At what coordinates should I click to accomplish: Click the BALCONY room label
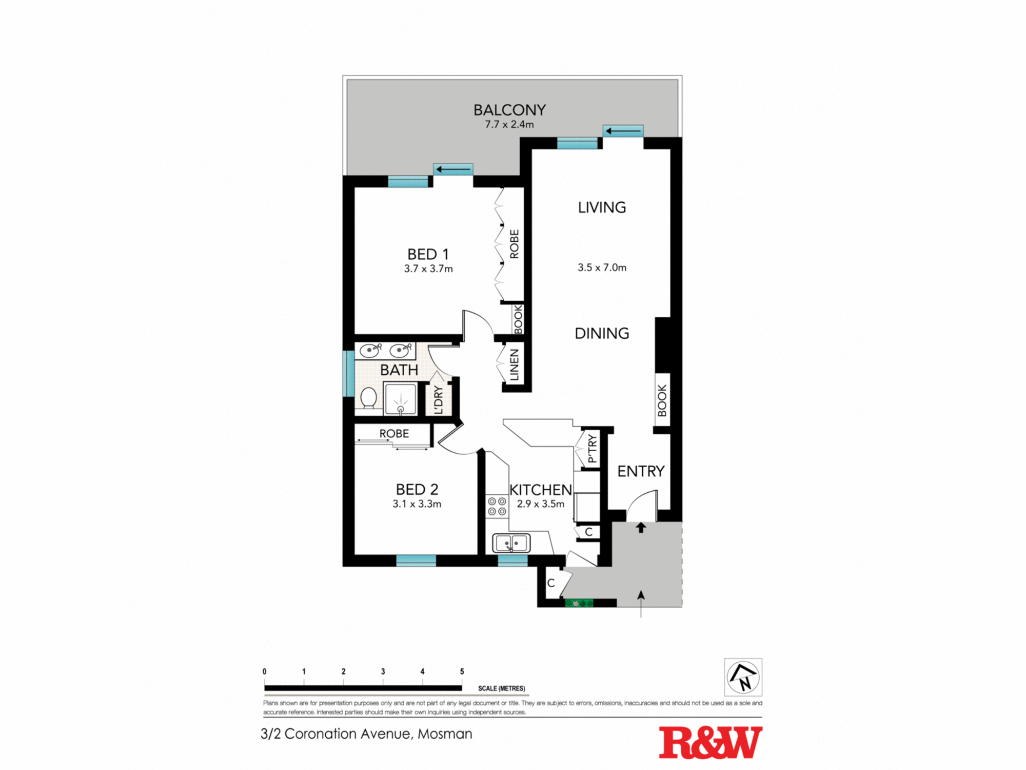click(509, 110)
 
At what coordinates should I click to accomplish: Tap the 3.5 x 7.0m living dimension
click(602, 267)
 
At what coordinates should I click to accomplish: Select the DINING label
click(602, 334)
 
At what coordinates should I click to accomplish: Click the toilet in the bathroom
click(368, 398)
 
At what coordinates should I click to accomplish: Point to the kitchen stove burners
click(497, 506)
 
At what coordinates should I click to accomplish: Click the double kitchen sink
click(511, 543)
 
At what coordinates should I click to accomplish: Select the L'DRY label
click(438, 400)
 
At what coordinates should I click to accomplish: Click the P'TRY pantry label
click(593, 448)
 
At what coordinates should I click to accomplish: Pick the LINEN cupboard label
click(514, 364)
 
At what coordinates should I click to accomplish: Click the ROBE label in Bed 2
click(394, 434)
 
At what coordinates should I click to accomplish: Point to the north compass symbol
click(743, 677)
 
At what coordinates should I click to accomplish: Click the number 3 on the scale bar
click(383, 671)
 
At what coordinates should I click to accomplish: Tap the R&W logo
click(710, 742)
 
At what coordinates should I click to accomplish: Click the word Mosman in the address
click(445, 734)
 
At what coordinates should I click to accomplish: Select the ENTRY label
click(640, 471)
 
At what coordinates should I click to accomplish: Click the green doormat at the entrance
click(579, 604)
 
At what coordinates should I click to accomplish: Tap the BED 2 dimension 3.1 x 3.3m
click(417, 504)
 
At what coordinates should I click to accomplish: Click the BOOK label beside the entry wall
click(662, 400)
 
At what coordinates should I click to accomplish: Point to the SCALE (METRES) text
click(501, 688)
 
